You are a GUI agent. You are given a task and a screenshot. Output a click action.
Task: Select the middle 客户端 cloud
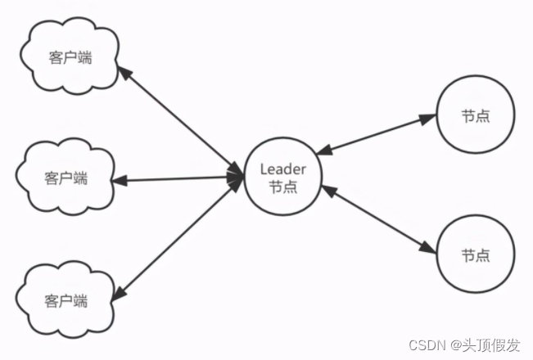pos(66,178)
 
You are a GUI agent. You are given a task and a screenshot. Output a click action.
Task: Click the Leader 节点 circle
pos(282,178)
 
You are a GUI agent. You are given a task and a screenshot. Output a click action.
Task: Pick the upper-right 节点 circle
pos(476,116)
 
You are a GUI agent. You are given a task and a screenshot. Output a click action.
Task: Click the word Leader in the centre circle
pos(282,169)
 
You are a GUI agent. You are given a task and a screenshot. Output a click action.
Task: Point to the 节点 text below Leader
pos(282,187)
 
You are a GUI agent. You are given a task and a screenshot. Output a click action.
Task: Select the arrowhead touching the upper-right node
pos(428,119)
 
